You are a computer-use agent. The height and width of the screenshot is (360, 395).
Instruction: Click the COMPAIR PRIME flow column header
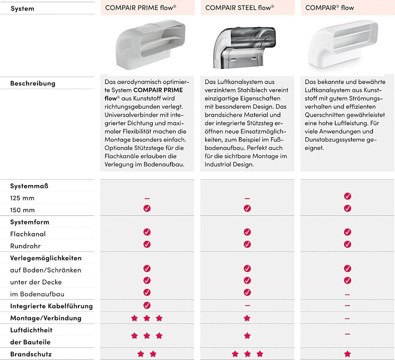point(140,8)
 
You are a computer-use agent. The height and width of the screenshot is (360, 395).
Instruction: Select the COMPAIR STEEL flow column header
point(240,8)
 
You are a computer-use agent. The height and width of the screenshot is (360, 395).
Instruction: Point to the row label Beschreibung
point(33,83)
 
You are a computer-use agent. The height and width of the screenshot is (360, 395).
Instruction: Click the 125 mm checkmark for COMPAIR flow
point(348,196)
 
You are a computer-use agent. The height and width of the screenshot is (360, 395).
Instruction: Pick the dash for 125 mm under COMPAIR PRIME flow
point(147,199)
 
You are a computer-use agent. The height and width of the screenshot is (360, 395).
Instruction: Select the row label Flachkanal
point(28,234)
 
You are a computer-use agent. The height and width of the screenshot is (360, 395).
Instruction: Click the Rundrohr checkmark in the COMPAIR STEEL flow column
point(247,244)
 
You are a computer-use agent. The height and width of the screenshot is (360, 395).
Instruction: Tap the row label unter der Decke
point(36,282)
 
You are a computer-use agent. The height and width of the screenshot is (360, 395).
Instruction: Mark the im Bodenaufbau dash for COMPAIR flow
point(348,294)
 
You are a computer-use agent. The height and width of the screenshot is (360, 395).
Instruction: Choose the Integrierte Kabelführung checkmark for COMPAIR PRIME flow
point(147,305)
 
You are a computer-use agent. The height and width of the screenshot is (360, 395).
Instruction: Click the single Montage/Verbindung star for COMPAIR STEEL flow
point(247,318)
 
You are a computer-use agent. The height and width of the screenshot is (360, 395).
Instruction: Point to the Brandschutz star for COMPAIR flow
point(348,354)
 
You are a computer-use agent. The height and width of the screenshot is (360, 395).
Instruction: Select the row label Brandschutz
point(31,354)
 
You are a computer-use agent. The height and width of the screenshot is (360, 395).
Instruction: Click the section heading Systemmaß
point(29,186)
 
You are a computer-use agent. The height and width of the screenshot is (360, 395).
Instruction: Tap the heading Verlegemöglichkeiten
point(46,258)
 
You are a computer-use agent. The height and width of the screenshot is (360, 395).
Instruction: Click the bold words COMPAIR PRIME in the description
point(158,90)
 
